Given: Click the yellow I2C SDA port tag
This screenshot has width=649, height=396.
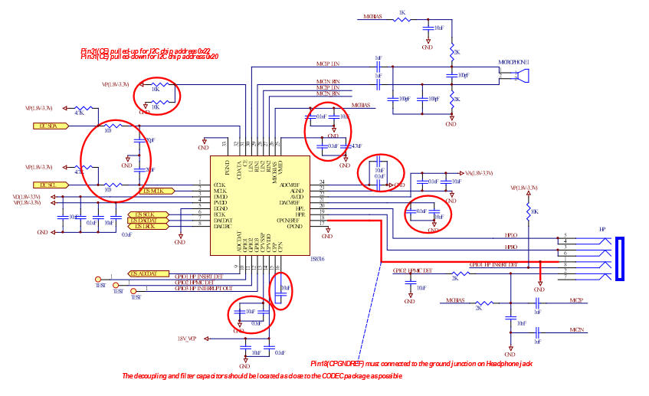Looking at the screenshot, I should [x=46, y=126].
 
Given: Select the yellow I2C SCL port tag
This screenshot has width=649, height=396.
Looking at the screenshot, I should [x=46, y=185].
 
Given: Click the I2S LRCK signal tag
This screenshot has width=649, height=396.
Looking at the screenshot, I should [x=145, y=226].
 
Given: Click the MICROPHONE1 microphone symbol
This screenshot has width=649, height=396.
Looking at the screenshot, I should [x=522, y=75].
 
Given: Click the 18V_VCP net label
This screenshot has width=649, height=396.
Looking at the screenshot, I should [x=187, y=337].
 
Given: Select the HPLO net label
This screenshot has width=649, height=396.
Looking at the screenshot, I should [x=510, y=236].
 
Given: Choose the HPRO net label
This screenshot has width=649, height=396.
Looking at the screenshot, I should [x=510, y=247].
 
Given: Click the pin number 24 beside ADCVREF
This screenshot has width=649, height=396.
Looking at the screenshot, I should [x=322, y=182].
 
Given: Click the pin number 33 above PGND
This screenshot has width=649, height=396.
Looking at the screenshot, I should [x=225, y=143].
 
